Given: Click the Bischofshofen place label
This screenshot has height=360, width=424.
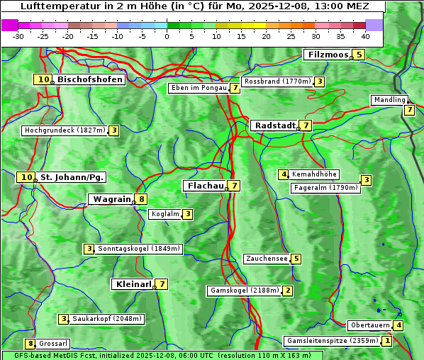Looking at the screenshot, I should pyautogui.click(x=90, y=79).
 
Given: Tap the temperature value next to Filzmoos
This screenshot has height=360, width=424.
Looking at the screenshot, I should pyautogui.click(x=359, y=55).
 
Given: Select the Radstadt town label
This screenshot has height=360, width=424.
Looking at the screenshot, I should pyautogui.click(x=274, y=125).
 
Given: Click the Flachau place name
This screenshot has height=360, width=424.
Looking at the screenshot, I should pyautogui.click(x=205, y=186).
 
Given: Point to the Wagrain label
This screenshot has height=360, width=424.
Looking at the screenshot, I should pyautogui.click(x=112, y=199).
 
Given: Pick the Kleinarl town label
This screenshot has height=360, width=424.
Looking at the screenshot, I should pyautogui.click(x=133, y=284).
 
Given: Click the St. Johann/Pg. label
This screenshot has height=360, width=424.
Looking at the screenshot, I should pyautogui.click(x=72, y=177).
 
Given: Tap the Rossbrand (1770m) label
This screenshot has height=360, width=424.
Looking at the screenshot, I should pyautogui.click(x=277, y=81).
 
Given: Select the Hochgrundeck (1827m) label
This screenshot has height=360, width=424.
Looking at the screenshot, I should pyautogui.click(x=64, y=130).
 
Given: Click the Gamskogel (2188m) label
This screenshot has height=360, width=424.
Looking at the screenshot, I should pyautogui.click(x=243, y=291).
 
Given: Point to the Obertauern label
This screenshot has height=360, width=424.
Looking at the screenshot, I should pyautogui.click(x=370, y=325).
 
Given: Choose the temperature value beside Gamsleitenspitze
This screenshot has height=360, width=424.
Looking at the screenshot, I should pyautogui.click(x=386, y=341).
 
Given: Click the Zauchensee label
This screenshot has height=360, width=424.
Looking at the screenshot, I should pyautogui.click(x=267, y=259).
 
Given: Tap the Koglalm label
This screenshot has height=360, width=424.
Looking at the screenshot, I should pyautogui.click(x=164, y=214).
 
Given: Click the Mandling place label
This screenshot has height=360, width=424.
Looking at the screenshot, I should pyautogui.click(x=389, y=100).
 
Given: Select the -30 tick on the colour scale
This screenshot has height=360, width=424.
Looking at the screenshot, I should pyautogui.click(x=18, y=35).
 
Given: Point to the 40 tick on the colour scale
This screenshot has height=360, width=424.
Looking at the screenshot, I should pyautogui.click(x=364, y=35).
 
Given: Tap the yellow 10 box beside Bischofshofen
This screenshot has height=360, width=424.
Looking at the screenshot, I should pyautogui.click(x=43, y=79).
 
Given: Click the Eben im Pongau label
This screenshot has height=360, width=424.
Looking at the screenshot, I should pyautogui.click(x=198, y=89).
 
